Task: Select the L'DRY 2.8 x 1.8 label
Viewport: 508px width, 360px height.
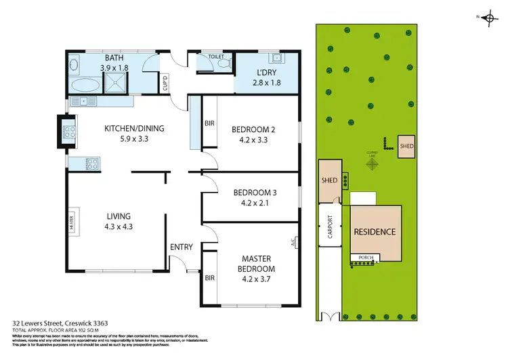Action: [x=266, y=77]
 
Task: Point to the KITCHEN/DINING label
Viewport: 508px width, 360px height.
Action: [x=134, y=129]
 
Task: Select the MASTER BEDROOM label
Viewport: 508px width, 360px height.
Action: [x=254, y=262]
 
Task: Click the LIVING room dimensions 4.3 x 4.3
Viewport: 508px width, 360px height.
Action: [x=119, y=227]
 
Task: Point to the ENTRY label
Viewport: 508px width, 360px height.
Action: [x=182, y=247]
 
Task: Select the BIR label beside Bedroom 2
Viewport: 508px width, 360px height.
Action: [x=209, y=123]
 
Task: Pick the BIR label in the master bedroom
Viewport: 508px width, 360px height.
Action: [x=209, y=278]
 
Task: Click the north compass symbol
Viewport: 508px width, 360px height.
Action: [x=488, y=18]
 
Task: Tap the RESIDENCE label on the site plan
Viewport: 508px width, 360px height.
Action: [x=375, y=232]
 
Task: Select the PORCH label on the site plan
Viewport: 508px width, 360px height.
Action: [x=366, y=258]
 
